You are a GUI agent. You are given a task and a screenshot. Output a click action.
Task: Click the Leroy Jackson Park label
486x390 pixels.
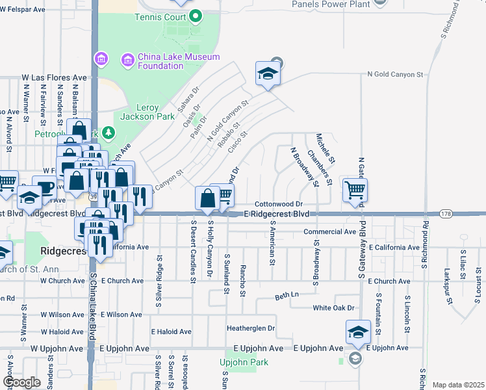pos(147,112)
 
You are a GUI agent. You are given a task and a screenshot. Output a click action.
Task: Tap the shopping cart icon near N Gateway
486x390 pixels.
pos(355,190)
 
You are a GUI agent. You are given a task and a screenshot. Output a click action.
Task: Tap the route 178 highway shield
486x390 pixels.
pos(445,214)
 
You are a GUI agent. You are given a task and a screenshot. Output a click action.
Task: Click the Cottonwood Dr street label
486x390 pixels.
pos(279,204)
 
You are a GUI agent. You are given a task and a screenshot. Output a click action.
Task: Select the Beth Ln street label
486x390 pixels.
pos(287,295)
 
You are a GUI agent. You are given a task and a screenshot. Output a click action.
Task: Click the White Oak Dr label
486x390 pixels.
pos(333,308)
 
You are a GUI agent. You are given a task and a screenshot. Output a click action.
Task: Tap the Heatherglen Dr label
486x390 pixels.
pos(251,328)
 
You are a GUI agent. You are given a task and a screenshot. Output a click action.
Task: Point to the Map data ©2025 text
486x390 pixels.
pos(458,385)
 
